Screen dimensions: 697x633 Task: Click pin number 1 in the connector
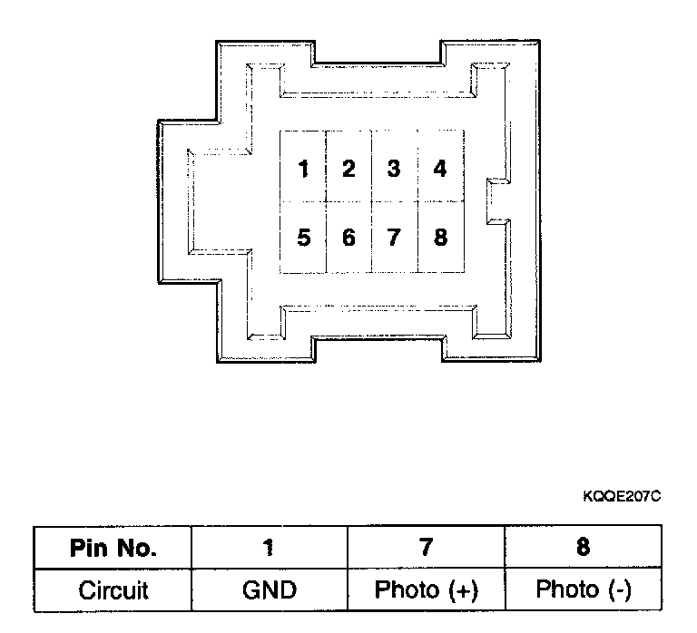click(303, 169)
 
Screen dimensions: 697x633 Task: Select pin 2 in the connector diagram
click(348, 169)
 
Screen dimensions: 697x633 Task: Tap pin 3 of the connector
click(393, 169)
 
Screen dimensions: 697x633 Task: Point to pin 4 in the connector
click(440, 169)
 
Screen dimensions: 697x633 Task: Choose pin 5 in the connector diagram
click(303, 238)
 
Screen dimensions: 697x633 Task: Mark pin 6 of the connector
click(348, 238)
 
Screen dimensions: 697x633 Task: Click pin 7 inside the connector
click(393, 238)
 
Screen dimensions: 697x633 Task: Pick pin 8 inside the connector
click(440, 238)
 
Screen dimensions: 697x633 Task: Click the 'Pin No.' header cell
click(113, 548)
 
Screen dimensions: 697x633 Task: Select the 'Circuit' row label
click(113, 590)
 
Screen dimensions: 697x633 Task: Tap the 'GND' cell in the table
click(270, 590)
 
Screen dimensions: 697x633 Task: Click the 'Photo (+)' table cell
click(426, 590)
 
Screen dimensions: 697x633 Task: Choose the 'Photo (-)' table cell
click(583, 590)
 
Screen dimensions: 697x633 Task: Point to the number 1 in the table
click(270, 548)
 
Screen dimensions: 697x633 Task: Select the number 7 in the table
click(426, 548)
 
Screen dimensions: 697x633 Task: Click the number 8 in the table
click(583, 548)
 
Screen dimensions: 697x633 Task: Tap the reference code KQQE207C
click(623, 496)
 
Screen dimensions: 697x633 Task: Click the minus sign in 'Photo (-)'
click(618, 591)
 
